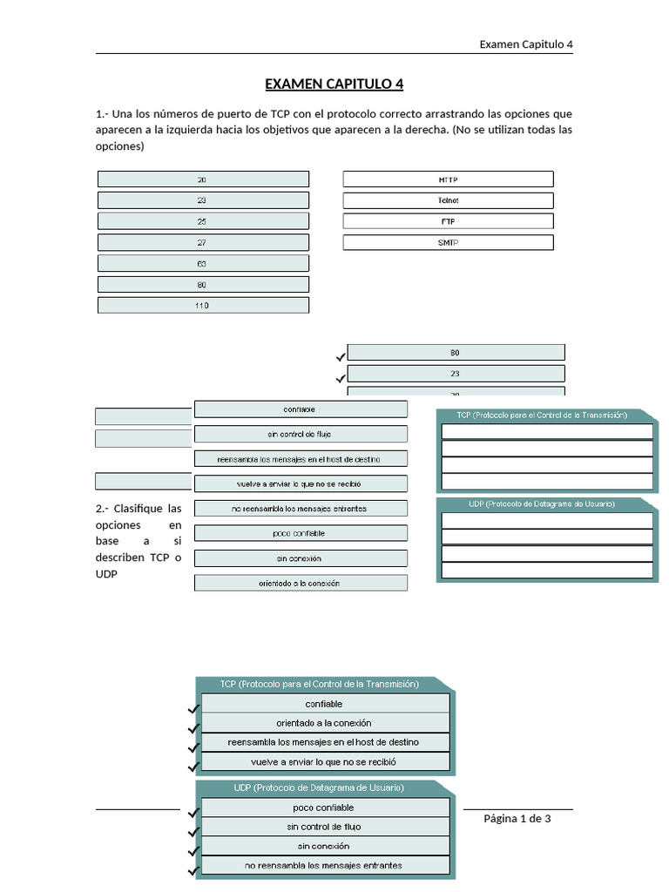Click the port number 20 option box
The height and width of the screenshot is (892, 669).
203,179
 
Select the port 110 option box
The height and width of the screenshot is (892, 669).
203,306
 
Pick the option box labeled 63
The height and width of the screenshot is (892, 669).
203,263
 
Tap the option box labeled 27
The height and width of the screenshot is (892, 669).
203,242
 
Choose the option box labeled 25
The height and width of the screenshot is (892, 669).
203,221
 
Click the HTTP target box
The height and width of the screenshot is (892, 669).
448,179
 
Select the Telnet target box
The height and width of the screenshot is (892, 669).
448,200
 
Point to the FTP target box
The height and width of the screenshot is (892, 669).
448,221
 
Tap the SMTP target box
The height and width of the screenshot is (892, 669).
448,242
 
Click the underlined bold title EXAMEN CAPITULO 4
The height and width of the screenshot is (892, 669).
334,84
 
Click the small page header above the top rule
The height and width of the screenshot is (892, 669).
526,44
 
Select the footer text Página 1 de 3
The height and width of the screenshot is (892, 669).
517,819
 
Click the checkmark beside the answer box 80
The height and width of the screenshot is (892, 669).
340,357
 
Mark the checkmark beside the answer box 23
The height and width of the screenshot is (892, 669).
340,378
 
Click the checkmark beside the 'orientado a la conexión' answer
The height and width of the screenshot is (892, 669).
193,728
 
